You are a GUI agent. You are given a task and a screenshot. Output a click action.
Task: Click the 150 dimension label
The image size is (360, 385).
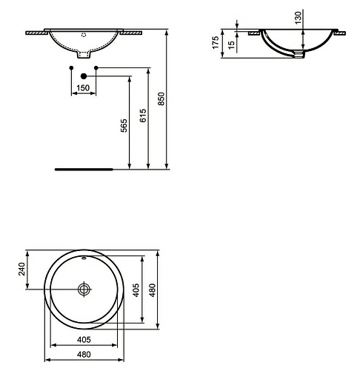coord(84,88)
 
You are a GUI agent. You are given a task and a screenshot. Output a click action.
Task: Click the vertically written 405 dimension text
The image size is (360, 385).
coord(136,289)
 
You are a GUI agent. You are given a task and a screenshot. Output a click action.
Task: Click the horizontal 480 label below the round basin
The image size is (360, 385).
coord(84,355)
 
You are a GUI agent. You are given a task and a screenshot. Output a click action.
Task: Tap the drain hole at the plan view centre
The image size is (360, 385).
coord(84,289)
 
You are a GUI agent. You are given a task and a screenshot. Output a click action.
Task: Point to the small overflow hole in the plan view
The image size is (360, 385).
coord(84,258)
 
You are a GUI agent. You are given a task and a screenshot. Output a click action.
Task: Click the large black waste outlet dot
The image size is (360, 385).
coord(84,76)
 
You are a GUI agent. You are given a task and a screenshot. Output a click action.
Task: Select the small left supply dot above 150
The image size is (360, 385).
coord(71,68)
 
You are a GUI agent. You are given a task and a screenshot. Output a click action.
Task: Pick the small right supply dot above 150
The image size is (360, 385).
coord(96,68)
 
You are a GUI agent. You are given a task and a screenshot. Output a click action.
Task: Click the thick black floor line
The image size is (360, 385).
coord(84,169)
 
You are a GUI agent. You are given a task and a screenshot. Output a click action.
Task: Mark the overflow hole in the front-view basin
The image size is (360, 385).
coord(84,34)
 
